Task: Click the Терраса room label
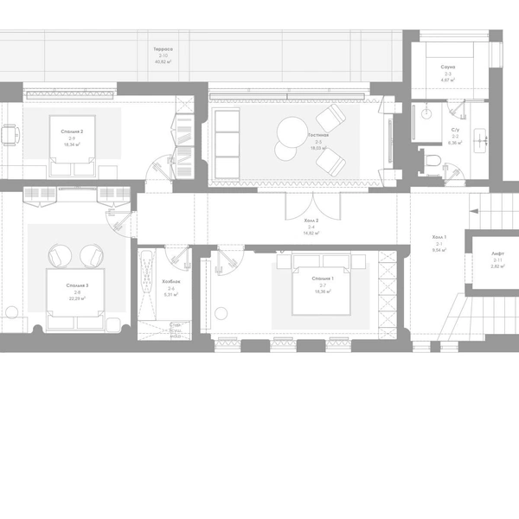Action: tap(163, 49)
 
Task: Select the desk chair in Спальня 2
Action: tap(10, 135)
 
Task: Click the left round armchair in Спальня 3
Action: tap(60, 257)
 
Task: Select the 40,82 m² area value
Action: tap(163, 62)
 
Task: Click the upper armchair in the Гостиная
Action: tap(329, 119)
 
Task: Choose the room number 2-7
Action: tap(323, 285)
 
